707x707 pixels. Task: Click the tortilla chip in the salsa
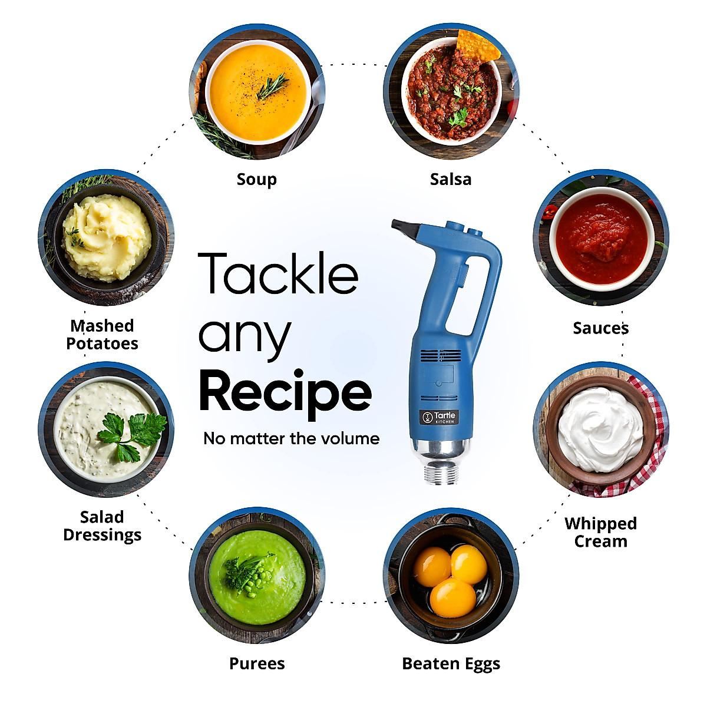(x=478, y=46)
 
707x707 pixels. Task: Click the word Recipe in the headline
(x=285, y=392)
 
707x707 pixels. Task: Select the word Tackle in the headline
(x=278, y=274)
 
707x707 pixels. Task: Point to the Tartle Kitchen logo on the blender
(x=439, y=417)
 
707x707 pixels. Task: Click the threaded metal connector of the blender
(x=441, y=473)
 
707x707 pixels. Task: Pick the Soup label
(x=256, y=179)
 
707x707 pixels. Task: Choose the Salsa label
(x=451, y=179)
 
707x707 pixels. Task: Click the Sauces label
(x=600, y=328)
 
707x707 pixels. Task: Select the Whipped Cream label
(x=600, y=532)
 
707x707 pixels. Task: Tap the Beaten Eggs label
(x=451, y=664)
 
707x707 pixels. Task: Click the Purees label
(x=257, y=664)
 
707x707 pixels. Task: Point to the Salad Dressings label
(x=103, y=526)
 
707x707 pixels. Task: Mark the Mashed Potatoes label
(x=103, y=334)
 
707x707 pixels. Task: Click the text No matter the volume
(x=291, y=438)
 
